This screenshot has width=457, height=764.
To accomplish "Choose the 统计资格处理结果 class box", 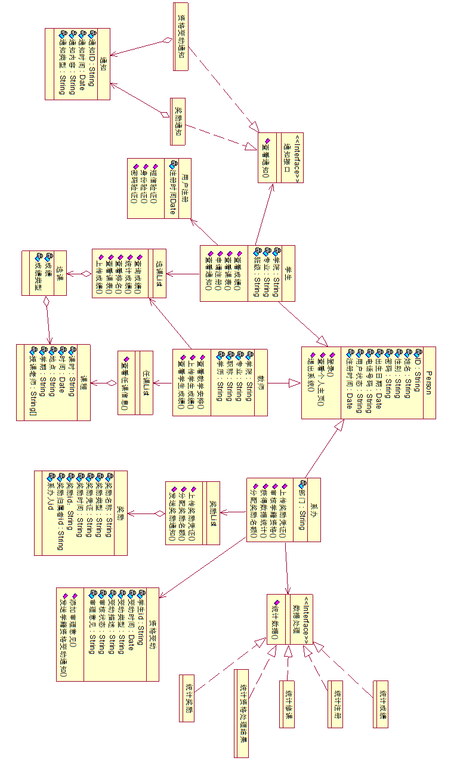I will tap(241, 713).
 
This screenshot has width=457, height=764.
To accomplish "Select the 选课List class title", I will tap(160, 273).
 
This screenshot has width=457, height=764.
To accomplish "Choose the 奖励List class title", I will tap(213, 513).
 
